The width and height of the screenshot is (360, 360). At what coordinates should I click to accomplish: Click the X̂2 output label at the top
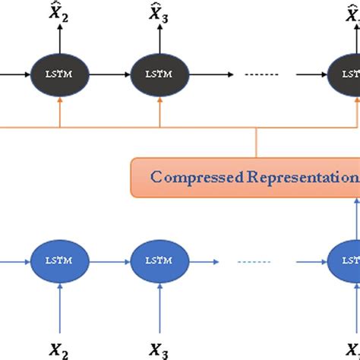(58, 13)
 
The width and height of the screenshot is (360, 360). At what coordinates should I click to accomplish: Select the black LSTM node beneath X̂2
(58, 75)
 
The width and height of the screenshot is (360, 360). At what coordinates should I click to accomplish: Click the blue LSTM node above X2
(58, 261)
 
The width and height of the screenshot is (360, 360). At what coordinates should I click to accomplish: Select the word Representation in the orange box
(292, 178)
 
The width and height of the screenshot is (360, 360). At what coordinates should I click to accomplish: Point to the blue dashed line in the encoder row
(255, 261)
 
